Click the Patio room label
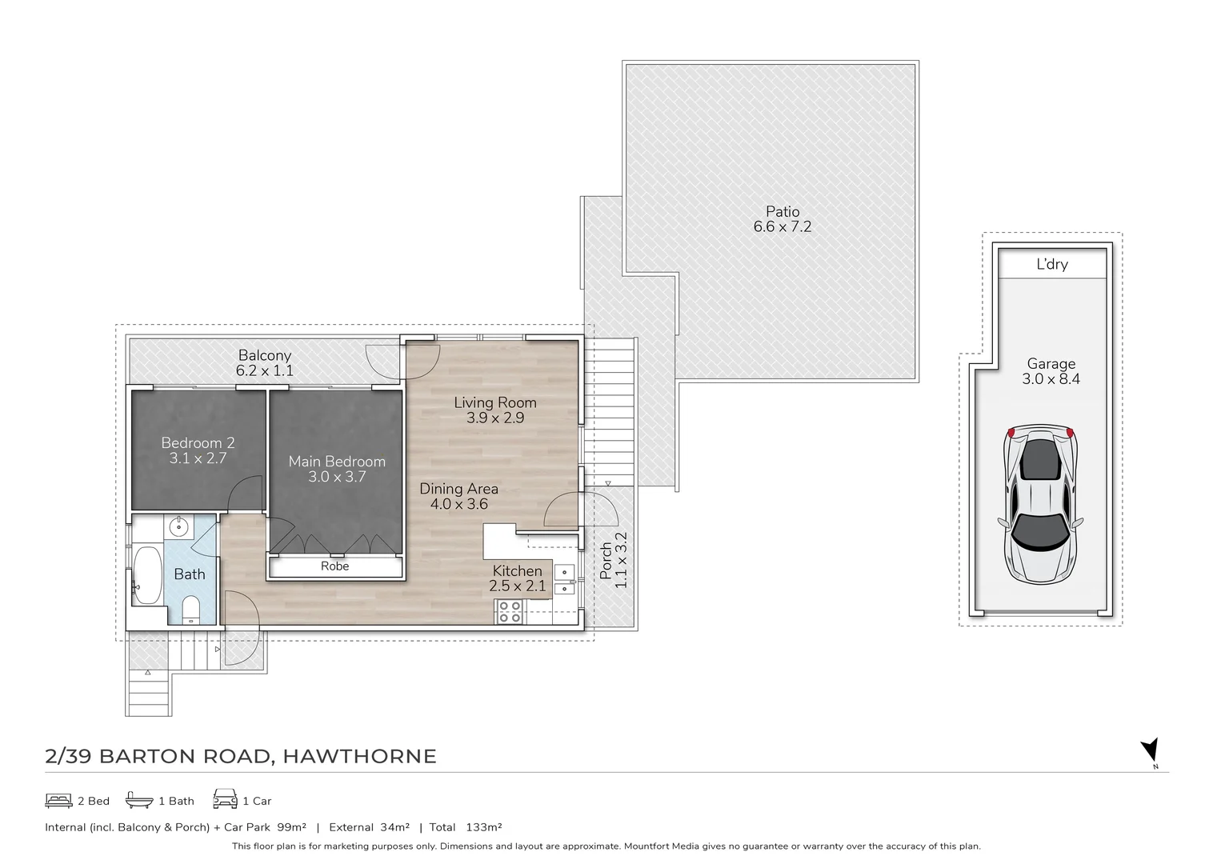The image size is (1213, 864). coord(782,211)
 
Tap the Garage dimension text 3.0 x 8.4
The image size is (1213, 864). coord(1051,379)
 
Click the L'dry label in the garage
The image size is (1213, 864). coord(1051,264)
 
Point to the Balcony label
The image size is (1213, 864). coord(264,355)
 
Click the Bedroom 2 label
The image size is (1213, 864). coord(198,442)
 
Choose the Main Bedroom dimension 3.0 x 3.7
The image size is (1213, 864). coord(337,477)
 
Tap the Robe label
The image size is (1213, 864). coord(334,566)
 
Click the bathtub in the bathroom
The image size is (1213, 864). coord(147,575)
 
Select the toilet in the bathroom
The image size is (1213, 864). coord(191,609)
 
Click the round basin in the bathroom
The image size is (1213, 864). coord(179,527)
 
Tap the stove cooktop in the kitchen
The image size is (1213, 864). coord(510,612)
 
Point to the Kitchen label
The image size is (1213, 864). coord(517,570)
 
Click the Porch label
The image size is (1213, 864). coord(606,561)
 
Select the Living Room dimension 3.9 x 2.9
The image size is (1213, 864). coord(494,418)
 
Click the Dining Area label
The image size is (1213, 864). coord(458,488)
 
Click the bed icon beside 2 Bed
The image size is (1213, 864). coord(58,800)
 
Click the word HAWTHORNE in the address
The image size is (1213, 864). coord(360,756)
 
